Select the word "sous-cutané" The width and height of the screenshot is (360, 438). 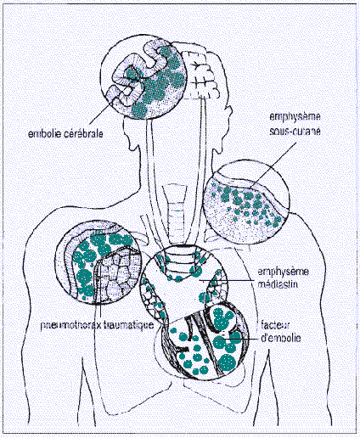(295, 132)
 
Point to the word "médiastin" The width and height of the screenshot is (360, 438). (278, 284)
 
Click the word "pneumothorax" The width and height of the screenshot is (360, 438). (70, 325)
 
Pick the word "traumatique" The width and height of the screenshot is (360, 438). (128, 324)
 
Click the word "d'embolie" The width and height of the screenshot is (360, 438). (280, 338)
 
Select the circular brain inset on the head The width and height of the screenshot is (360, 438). (143, 77)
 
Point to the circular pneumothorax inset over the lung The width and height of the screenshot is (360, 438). (98, 262)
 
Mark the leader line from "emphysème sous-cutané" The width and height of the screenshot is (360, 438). (274, 164)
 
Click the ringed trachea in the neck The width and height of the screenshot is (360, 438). (176, 214)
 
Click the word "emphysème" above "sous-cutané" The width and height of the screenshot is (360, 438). (295, 116)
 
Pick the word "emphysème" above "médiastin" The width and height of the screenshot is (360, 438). (283, 272)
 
